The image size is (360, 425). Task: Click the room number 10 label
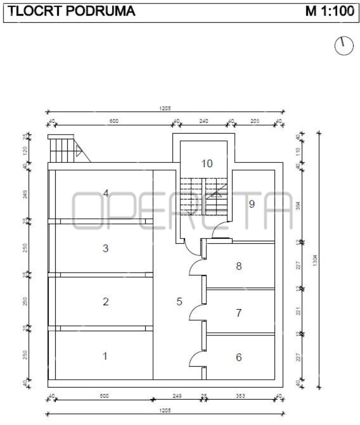pos(207,164)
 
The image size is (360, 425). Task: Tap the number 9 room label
pos(252,204)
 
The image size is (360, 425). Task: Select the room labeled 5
pos(179,302)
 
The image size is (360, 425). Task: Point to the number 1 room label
pos(105,356)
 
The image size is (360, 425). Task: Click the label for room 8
pos(239,266)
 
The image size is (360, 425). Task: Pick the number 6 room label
pos(239,357)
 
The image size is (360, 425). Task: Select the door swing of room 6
pos(196,359)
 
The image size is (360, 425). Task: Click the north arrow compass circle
pos(344,46)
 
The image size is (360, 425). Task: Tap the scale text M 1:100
pos(330,11)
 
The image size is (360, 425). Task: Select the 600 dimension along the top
pos(114,121)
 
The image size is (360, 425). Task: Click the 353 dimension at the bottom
pos(240,396)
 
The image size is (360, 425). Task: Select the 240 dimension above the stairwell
pos(203,121)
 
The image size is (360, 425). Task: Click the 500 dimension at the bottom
pos(104,396)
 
